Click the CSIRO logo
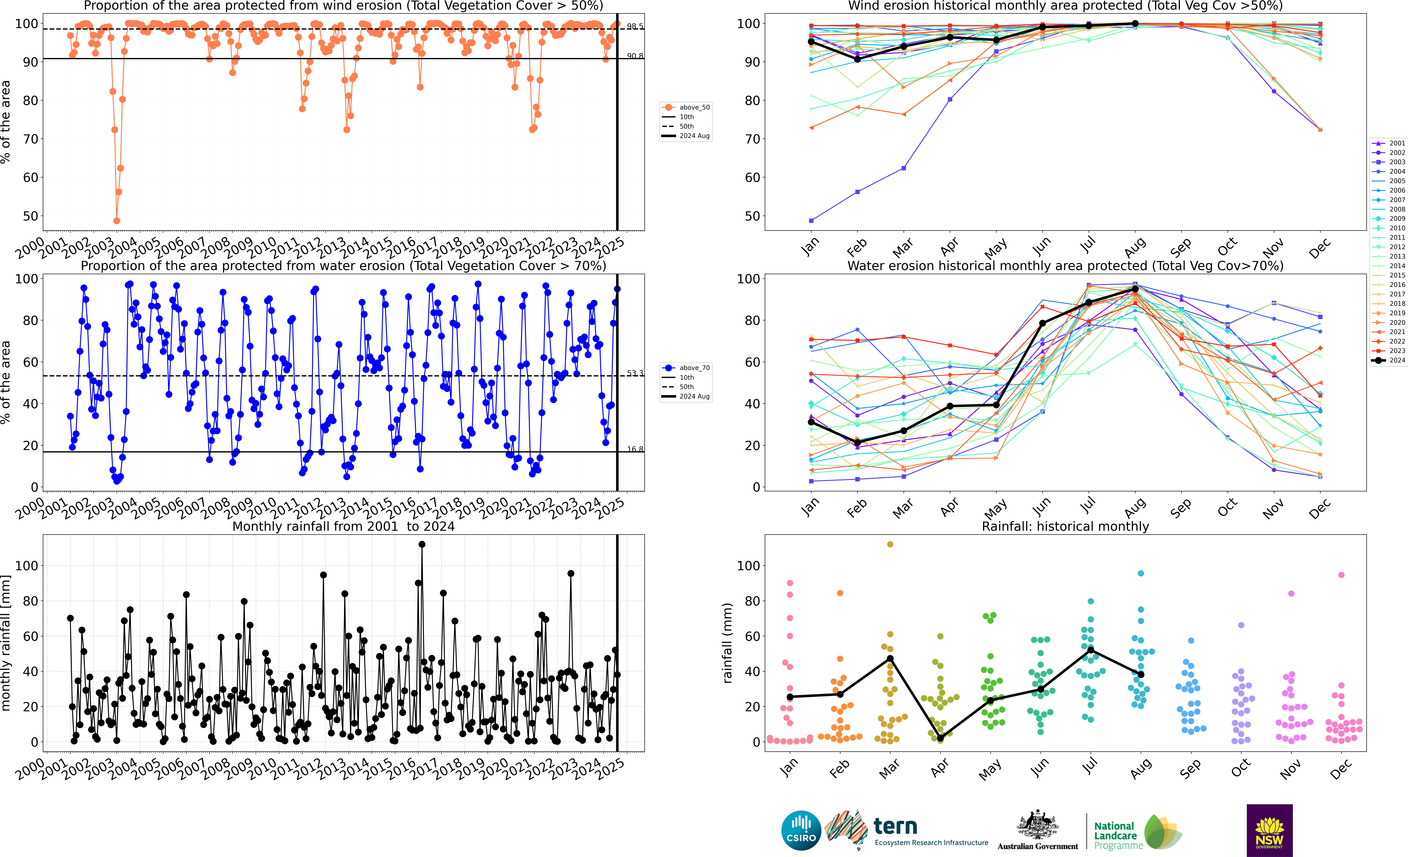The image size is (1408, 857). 801,830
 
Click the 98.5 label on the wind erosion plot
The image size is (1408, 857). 635,26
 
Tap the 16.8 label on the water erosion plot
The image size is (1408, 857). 635,449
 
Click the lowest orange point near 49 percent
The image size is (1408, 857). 117,221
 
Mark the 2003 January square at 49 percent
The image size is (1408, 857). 811,221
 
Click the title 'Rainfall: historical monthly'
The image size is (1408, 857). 1065,526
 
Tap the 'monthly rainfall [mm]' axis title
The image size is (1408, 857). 6,643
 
